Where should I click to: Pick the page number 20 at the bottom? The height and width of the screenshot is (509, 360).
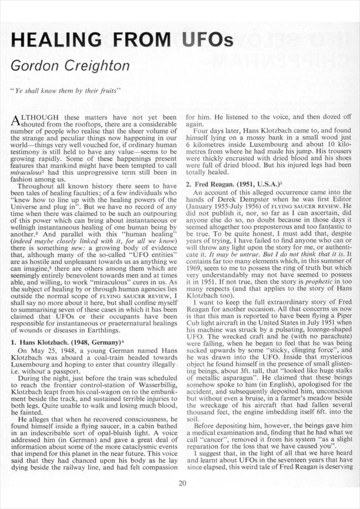(182, 482)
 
